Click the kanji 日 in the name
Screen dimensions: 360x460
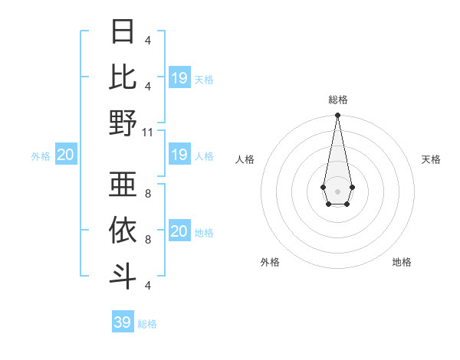coord(123,32)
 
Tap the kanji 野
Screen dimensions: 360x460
coord(123,123)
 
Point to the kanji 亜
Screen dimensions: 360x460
coord(123,184)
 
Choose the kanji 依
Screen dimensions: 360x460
coord(123,229)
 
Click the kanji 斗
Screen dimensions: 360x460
coord(123,275)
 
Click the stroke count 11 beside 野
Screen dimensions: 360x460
coord(148,132)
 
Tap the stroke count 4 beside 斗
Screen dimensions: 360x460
coord(147,285)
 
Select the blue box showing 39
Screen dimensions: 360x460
coord(122,322)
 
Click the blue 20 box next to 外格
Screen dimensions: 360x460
coord(65,155)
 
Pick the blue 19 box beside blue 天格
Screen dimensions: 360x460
coord(179,78)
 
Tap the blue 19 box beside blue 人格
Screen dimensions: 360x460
coord(179,155)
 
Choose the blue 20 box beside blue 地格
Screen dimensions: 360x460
coord(179,231)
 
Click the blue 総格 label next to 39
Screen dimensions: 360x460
coord(147,324)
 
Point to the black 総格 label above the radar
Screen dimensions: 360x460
coord(337,100)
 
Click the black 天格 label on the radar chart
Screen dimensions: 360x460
coord(431,159)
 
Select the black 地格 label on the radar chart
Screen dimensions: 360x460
coord(402,262)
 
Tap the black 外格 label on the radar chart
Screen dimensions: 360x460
coord(270,262)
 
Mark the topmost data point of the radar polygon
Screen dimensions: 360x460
coord(337,116)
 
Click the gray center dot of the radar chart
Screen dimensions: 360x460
coord(337,190)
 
